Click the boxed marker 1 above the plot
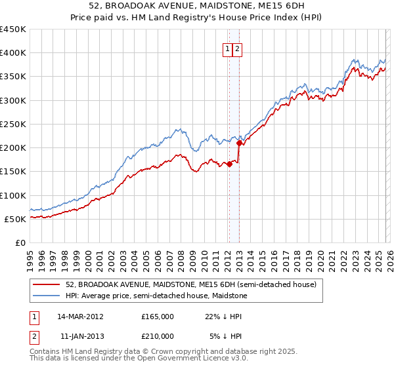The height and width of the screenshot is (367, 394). (x=228, y=48)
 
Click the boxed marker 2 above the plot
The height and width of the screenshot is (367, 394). (x=237, y=48)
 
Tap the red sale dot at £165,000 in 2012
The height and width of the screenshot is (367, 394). (x=229, y=164)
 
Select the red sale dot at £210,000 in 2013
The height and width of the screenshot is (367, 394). (x=239, y=143)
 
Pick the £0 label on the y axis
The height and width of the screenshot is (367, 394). (x=20, y=242)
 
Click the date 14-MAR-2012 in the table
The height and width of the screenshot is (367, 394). (x=80, y=316)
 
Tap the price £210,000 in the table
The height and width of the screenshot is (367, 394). (x=157, y=336)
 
